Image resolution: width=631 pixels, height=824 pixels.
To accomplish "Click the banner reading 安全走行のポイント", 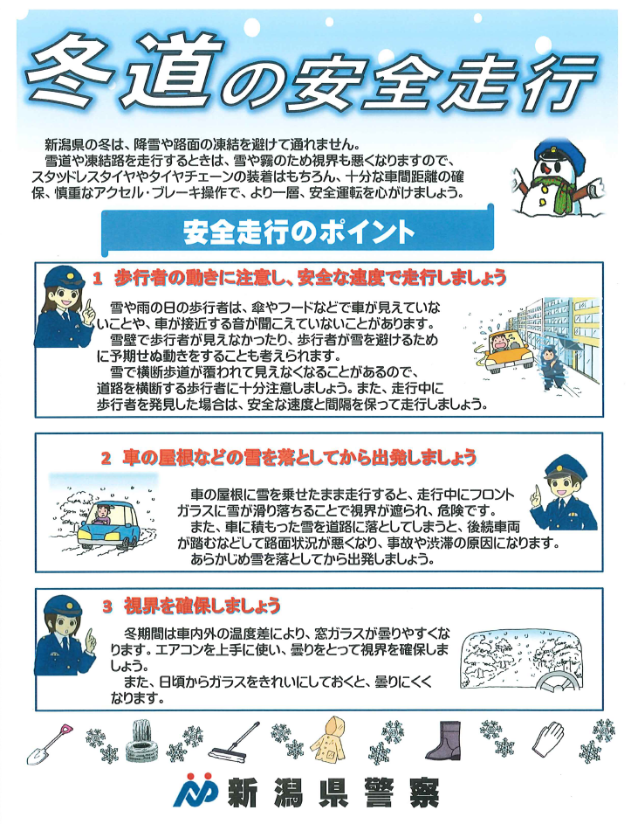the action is click(x=298, y=232).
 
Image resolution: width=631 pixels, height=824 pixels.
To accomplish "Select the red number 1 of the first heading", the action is click(x=97, y=278).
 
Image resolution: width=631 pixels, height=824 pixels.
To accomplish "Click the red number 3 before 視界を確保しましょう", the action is click(x=107, y=607).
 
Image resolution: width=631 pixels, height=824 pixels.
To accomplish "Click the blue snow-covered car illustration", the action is click(x=109, y=525).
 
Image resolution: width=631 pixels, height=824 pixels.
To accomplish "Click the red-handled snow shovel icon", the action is click(x=48, y=743).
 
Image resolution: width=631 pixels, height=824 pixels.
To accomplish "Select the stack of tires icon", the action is click(x=141, y=742).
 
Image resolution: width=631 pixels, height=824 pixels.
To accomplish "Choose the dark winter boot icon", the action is click(x=444, y=741).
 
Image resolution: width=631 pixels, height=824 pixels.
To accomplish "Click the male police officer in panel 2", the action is click(x=563, y=493).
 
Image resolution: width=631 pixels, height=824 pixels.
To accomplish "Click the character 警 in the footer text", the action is click(x=377, y=793).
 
